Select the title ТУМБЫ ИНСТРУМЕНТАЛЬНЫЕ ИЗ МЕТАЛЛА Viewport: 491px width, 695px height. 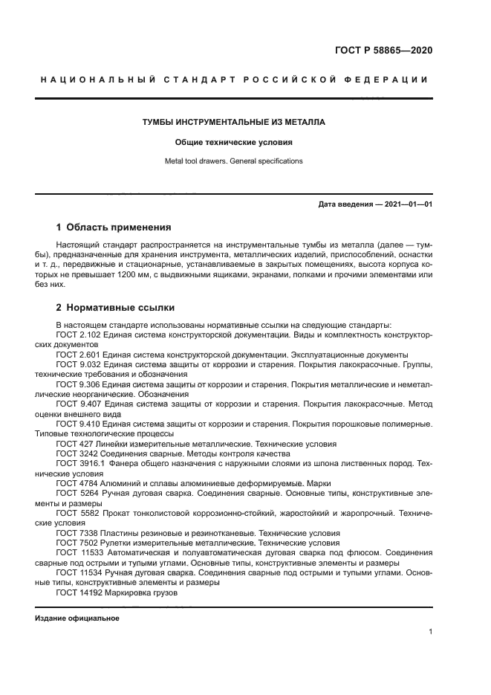(x=234, y=121)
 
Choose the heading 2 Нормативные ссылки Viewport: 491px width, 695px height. (x=116, y=306)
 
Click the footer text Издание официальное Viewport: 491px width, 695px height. (x=77, y=618)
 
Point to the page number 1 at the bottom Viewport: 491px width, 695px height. (x=431, y=632)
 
